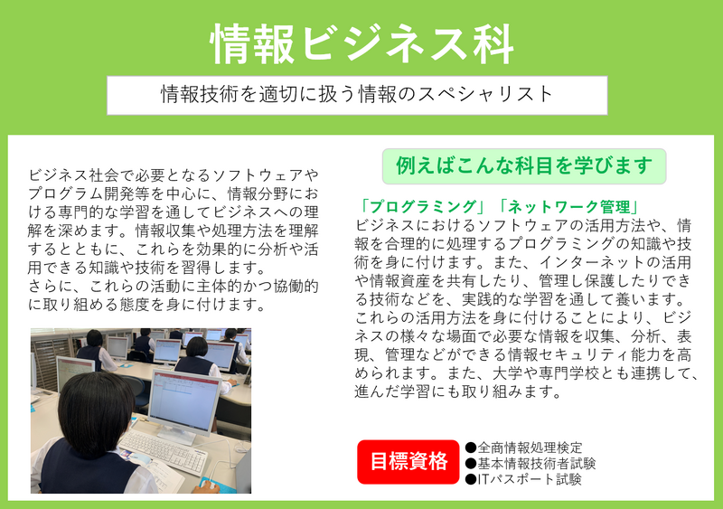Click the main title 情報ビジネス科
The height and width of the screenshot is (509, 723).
tap(362, 43)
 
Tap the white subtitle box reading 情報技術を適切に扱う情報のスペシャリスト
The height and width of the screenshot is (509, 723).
tap(357, 95)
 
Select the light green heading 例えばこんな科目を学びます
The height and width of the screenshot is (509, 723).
tap(524, 166)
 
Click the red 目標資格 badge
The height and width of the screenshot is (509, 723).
tap(408, 461)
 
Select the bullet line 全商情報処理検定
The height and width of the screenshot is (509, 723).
tap(524, 448)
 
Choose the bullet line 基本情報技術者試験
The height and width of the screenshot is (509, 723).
tap(531, 463)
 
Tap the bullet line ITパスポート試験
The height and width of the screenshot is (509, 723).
tap(523, 479)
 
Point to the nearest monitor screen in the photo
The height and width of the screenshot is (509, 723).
tap(185, 401)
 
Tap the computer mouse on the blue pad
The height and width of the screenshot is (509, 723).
tap(209, 485)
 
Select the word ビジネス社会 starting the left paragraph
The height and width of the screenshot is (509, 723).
tap(74, 175)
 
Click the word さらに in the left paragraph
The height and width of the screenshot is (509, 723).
tap(51, 286)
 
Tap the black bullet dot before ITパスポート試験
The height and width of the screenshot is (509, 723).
tap(470, 480)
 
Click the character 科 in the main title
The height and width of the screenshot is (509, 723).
tap(493, 43)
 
